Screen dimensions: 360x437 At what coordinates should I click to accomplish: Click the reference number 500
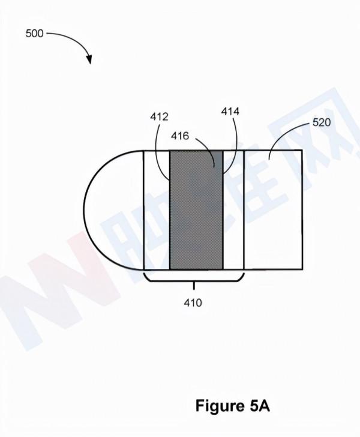(35, 34)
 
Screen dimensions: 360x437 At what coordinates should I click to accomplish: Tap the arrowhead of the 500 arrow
(89, 59)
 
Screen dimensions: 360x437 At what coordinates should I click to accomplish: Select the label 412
(159, 117)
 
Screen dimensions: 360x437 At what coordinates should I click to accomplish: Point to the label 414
(230, 112)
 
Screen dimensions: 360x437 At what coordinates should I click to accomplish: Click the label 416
(180, 136)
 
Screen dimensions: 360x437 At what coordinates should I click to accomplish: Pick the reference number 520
(322, 122)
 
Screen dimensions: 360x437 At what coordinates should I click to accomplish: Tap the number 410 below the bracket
(193, 303)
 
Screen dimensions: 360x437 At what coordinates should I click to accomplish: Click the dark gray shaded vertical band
(196, 210)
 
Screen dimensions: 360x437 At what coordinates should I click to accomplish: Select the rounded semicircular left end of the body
(113, 210)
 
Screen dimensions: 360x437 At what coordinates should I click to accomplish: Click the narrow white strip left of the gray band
(157, 210)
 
